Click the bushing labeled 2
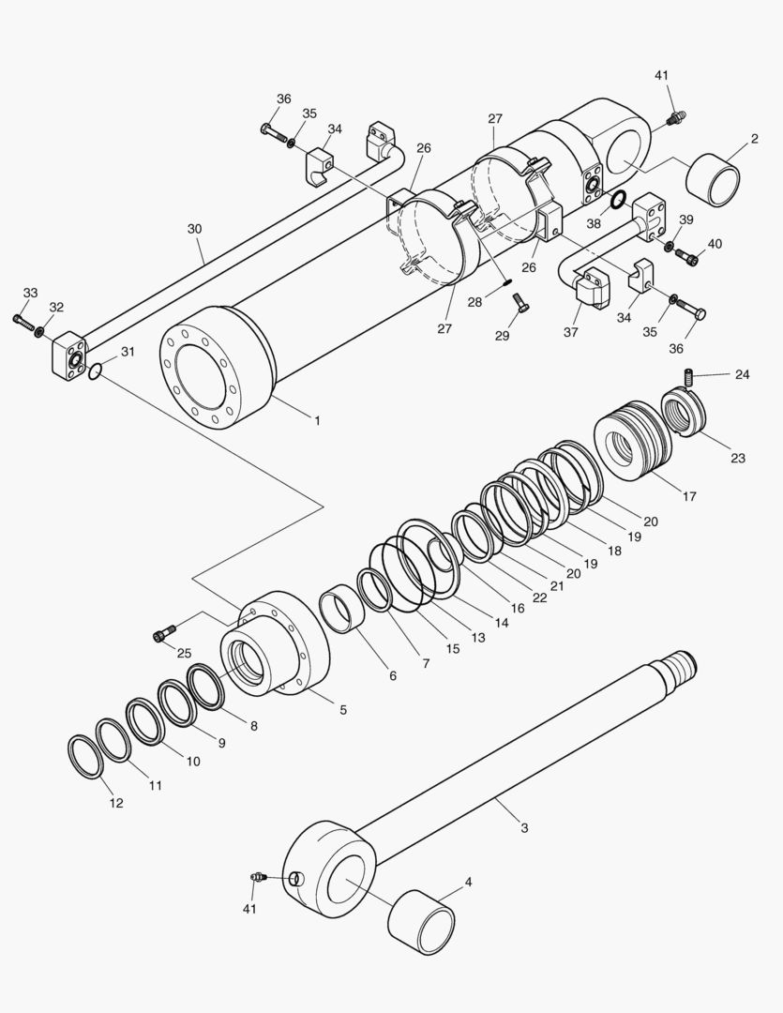point(715,180)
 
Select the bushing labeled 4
point(421,923)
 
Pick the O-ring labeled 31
point(96,372)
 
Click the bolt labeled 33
point(23,321)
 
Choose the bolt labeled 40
point(687,255)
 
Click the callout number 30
point(194,228)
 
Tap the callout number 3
point(524,827)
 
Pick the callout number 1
point(317,421)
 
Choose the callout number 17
point(689,496)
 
